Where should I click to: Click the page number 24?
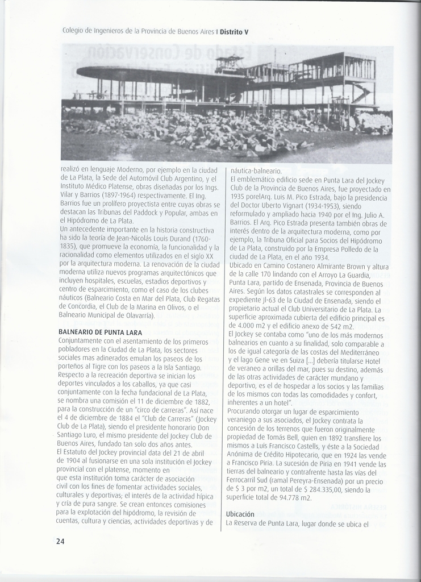pos(60,541)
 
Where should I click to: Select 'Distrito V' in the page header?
pos(234,31)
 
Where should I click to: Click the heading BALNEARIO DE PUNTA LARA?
pos(100,332)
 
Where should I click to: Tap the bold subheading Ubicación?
pos(240,514)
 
